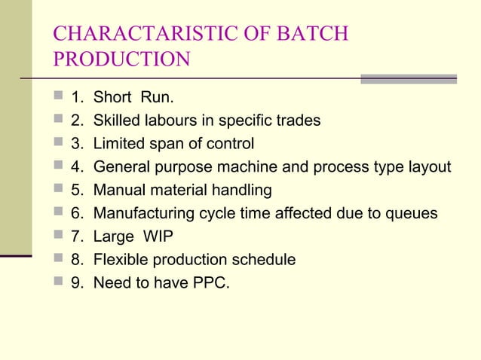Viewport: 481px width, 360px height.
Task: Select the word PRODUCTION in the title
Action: coord(121,59)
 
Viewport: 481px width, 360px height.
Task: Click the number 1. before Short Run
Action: coord(77,97)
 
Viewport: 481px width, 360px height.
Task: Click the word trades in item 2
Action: coord(296,121)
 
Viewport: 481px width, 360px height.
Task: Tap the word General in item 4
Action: coord(122,167)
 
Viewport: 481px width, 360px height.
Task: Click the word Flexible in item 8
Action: coord(121,261)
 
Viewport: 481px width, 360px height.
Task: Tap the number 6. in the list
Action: coord(77,214)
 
